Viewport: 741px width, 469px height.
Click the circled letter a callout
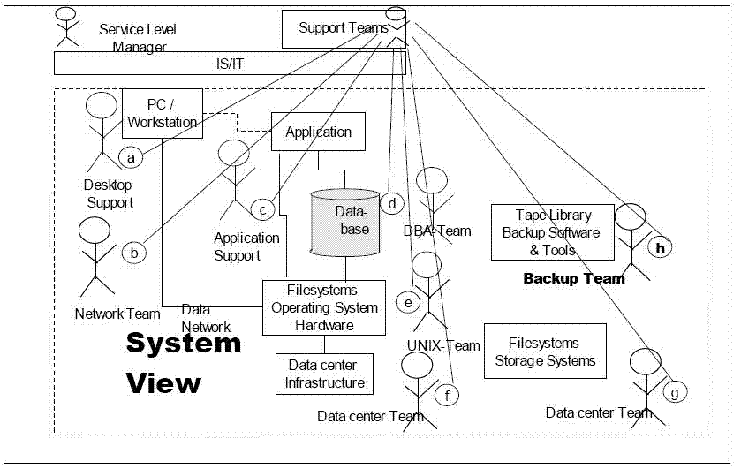pos(131,158)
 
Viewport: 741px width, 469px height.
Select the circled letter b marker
pos(134,253)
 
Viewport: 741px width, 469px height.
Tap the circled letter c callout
pos(262,209)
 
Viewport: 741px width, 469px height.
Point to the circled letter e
pos(407,302)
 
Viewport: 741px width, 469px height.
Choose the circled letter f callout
pos(448,395)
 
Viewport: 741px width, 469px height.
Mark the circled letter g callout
pos(675,390)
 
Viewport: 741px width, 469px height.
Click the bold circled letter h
pos(659,248)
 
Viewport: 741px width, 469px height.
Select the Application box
pos(318,132)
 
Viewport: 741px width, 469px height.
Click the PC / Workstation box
pos(163,114)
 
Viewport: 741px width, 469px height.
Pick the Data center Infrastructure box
pos(324,374)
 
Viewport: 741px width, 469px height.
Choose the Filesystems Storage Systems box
pos(545,351)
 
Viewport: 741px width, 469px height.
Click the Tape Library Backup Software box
pos(552,233)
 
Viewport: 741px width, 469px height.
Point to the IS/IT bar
pos(230,64)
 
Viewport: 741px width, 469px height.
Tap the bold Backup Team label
pos(573,279)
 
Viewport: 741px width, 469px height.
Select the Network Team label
pos(117,314)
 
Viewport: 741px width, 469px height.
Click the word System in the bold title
pos(183,343)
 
